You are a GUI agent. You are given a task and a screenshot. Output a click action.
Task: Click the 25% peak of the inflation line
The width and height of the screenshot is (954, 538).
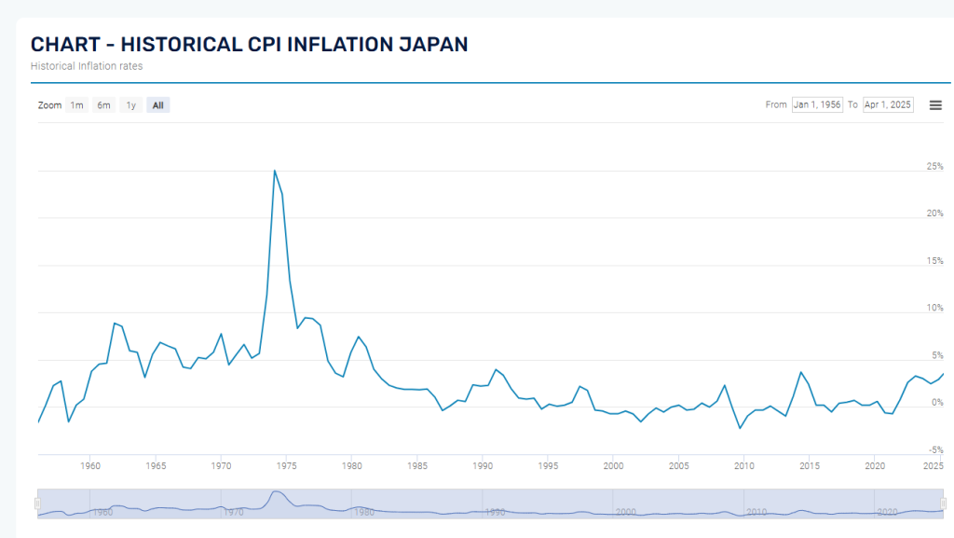[x=274, y=171]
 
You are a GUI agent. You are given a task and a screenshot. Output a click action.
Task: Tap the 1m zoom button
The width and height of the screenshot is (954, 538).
[x=77, y=105]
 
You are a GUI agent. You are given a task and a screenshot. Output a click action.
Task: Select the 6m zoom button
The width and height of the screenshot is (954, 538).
[x=103, y=105]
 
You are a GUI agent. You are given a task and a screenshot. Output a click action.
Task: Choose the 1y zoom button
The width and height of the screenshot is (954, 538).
[x=131, y=105]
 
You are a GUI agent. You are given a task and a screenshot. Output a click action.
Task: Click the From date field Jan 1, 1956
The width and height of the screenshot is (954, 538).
[x=817, y=104]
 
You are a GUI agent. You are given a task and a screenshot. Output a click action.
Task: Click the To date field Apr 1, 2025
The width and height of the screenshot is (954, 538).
[x=888, y=104]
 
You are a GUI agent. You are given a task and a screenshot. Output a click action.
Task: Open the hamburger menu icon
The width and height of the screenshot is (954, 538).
[x=935, y=104]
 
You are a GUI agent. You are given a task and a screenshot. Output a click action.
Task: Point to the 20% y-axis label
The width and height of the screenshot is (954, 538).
[x=934, y=213]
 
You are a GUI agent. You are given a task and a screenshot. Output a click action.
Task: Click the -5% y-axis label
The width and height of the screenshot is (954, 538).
[x=935, y=449]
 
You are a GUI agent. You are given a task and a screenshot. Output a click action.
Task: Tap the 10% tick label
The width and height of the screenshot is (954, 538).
[x=934, y=308]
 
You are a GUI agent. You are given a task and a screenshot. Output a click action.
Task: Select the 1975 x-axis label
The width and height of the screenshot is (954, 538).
[x=286, y=465]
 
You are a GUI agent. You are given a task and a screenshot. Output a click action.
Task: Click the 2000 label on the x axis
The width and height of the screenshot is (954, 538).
[x=613, y=465]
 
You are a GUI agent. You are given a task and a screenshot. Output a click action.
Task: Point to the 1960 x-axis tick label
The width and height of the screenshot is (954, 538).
[x=90, y=465]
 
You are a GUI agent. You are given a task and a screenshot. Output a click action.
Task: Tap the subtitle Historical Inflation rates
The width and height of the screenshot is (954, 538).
[x=87, y=66]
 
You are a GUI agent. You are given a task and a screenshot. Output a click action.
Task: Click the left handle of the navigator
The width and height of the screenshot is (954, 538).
[x=38, y=504]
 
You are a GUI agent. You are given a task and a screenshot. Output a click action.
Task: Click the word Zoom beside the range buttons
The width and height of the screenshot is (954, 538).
[x=49, y=105]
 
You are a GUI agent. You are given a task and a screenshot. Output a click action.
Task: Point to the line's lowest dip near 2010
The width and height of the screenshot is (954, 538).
[x=740, y=428]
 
